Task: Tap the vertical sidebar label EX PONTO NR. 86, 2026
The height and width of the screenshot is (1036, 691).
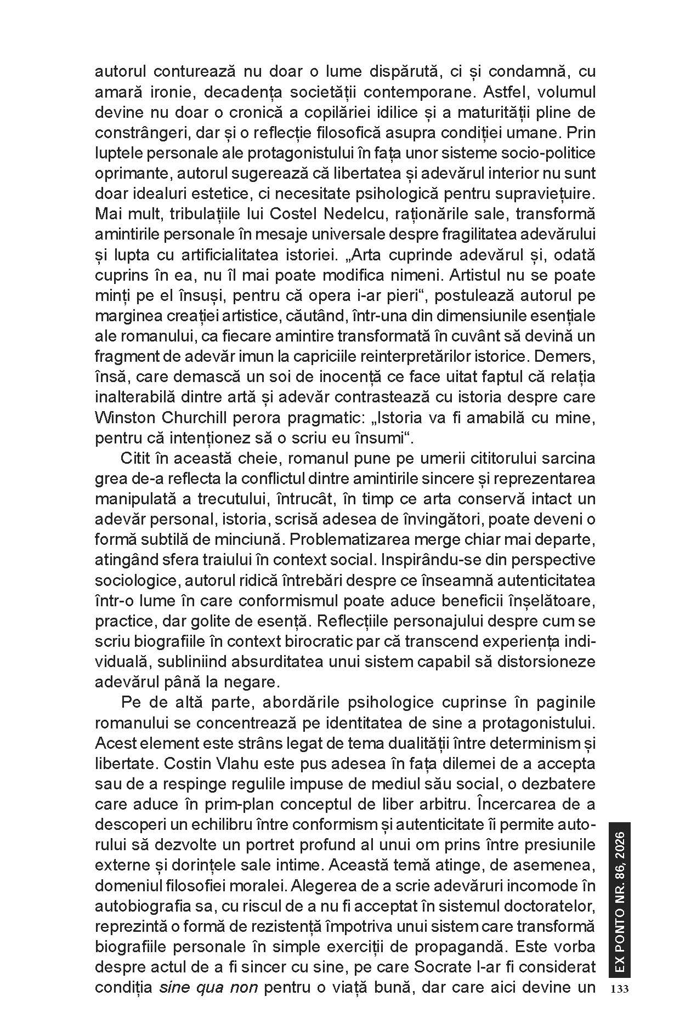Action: (620, 899)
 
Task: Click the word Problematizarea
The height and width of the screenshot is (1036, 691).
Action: (353, 539)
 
